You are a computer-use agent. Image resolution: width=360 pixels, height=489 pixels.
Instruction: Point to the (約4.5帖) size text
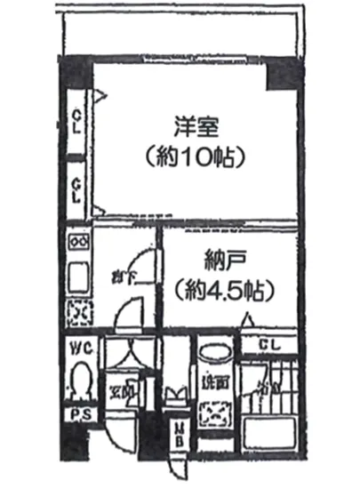click(x=222, y=289)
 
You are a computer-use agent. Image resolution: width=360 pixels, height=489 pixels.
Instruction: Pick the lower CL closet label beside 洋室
click(x=79, y=188)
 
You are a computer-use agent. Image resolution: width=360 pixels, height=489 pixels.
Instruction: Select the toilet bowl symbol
click(x=81, y=379)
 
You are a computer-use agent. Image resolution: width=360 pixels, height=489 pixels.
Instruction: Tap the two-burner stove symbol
click(x=77, y=240)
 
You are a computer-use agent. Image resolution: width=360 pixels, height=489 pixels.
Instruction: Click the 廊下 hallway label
click(x=123, y=275)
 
